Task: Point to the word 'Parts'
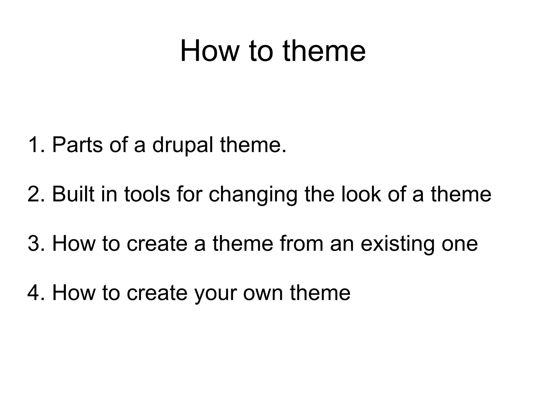click(x=77, y=145)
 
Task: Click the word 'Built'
click(x=73, y=194)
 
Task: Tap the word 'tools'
click(x=147, y=194)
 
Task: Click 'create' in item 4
click(x=157, y=293)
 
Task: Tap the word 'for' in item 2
click(x=188, y=194)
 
